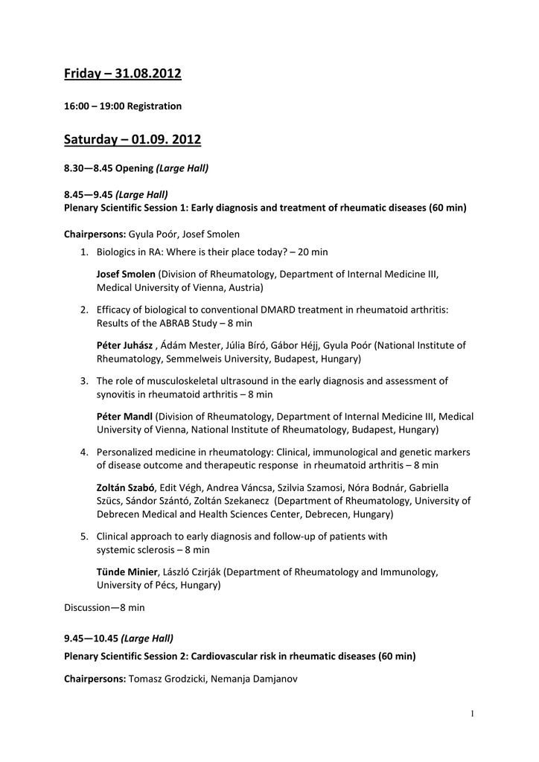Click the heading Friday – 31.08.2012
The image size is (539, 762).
coord(122,74)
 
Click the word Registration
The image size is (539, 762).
coord(154,106)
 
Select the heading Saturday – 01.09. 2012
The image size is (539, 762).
coord(132,139)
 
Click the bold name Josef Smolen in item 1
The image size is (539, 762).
coord(126,274)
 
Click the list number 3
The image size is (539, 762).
coord(85,381)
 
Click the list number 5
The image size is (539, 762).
coord(85,537)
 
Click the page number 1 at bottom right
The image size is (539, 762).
coord(472,714)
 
